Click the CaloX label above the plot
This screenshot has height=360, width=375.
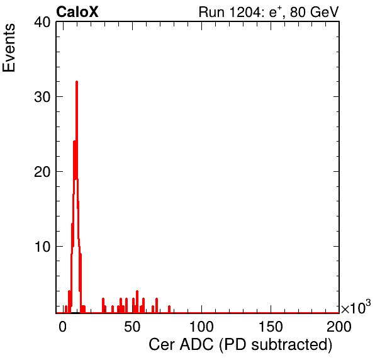coord(77,12)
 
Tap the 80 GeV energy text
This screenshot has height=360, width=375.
coord(314,12)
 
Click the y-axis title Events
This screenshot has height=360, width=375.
coord(9,48)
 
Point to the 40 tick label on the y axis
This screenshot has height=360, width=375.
coord(42,22)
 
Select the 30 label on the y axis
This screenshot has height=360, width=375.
coord(42,97)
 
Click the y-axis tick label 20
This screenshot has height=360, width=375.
coord(42,172)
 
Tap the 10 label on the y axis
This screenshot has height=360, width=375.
coord(42,247)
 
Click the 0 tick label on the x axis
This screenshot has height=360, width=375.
coord(63,327)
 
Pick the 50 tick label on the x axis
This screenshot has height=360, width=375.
coord(132,327)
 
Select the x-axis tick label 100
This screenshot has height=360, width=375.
coord(201,327)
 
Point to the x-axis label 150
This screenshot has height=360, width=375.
coord(271,327)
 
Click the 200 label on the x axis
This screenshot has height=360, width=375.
coord(339,327)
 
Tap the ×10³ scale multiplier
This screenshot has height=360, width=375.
coord(356,307)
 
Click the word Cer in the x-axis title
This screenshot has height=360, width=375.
coord(162,344)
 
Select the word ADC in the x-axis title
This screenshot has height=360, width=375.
coord(196,344)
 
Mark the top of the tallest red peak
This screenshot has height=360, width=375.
coord(77,82)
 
